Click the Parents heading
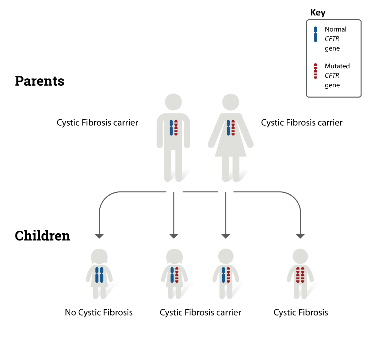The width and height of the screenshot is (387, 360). click(x=39, y=81)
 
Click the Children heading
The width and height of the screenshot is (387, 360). click(x=42, y=236)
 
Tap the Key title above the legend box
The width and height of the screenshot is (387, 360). click(x=318, y=13)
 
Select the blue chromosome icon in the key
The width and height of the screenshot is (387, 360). click(x=315, y=34)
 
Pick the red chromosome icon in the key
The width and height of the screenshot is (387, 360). click(x=315, y=71)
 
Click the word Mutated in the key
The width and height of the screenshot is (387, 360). click(x=337, y=66)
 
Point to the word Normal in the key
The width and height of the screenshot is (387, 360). click(x=335, y=29)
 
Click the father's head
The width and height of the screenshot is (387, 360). click(x=173, y=102)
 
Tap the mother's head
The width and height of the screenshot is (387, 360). click(x=231, y=102)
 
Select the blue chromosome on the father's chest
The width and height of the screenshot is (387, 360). click(x=171, y=128)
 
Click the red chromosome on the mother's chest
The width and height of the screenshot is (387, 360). click(x=233, y=128)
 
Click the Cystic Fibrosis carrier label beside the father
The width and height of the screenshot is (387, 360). click(x=97, y=123)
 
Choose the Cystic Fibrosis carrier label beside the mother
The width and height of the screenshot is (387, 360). click(x=302, y=123)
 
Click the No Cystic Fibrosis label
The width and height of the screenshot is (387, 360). click(x=99, y=313)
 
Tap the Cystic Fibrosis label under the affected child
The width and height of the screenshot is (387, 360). click(x=301, y=313)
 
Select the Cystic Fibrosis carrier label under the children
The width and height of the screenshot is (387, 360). click(x=200, y=313)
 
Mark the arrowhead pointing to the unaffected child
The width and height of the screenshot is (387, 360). click(x=99, y=236)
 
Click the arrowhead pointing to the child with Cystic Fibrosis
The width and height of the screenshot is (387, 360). click(x=300, y=236)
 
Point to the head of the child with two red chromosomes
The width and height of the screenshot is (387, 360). click(x=300, y=257)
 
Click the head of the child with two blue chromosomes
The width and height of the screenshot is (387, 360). click(x=99, y=257)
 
